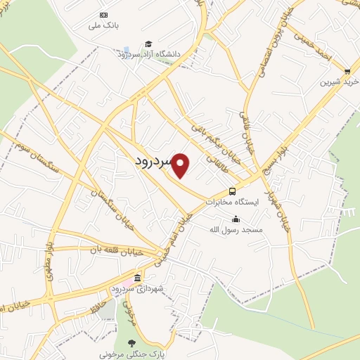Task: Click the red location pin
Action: pyautogui.click(x=181, y=166)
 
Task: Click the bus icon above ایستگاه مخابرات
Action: pyautogui.click(x=232, y=191)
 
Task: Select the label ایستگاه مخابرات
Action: pyautogui.click(x=232, y=202)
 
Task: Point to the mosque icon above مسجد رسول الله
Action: pyautogui.click(x=236, y=219)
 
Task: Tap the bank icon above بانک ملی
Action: pyautogui.click(x=104, y=15)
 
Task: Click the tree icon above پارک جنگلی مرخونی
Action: pyautogui.click(x=131, y=343)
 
